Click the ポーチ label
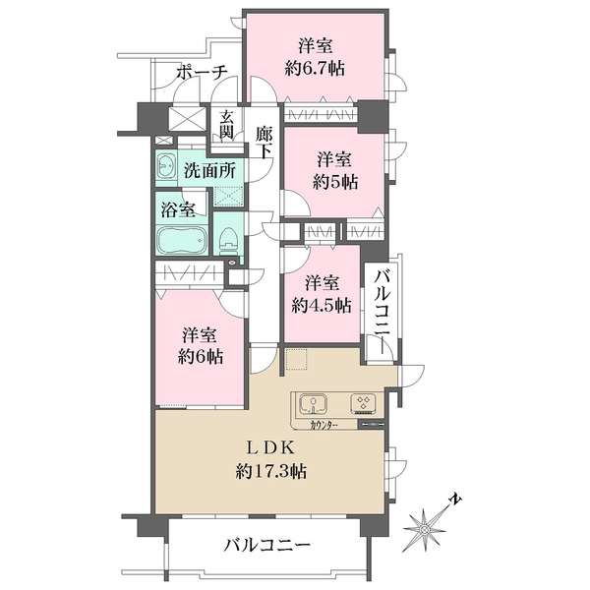click(x=203, y=72)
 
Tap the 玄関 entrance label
click(x=227, y=125)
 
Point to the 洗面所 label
click(x=209, y=169)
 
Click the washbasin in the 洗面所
click(x=164, y=167)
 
